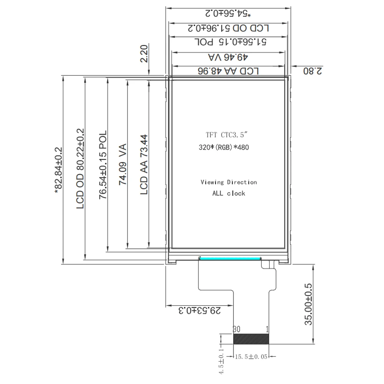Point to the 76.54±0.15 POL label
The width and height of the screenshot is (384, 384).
103,166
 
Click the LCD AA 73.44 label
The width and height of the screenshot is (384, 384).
144,164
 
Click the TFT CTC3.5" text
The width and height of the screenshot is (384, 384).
228,135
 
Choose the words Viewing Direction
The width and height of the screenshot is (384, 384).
228,182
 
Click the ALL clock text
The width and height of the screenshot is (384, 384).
228,193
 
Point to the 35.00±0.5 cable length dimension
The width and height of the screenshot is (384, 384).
309,305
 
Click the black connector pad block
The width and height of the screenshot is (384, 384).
251,339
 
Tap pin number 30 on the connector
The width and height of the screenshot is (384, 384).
237,329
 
